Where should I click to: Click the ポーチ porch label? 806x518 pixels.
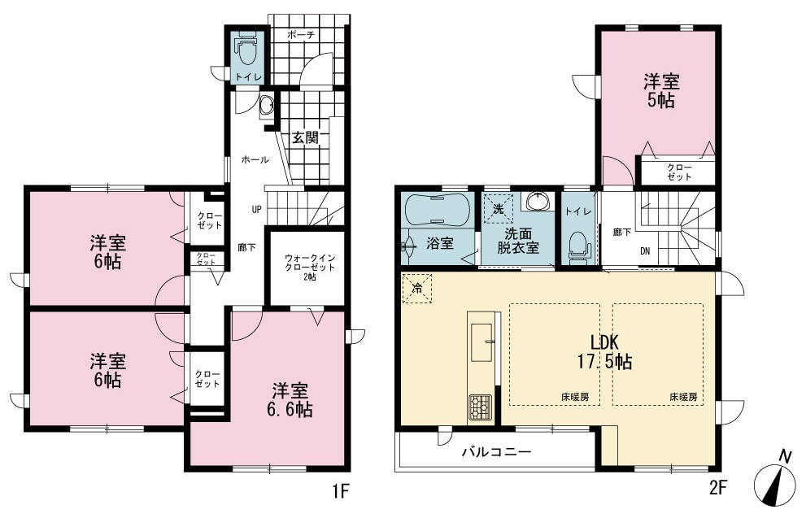[x=300, y=35]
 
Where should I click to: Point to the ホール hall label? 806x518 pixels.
[x=255, y=160]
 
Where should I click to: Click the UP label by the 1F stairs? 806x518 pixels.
[x=256, y=209]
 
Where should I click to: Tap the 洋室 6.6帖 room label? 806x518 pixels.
[x=290, y=400]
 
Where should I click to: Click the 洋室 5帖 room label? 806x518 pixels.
[x=661, y=91]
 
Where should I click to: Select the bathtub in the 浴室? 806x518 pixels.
[x=437, y=210]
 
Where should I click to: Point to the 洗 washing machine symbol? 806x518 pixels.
[x=498, y=209]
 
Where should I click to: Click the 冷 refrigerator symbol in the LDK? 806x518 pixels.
[x=417, y=289]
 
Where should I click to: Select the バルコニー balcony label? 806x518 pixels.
[x=495, y=452]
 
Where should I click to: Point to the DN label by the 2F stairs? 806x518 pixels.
[x=645, y=251]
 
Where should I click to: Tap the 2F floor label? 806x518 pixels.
[x=718, y=487]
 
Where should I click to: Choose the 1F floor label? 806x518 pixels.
[x=341, y=491]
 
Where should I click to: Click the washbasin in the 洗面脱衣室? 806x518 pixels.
[x=538, y=202]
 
